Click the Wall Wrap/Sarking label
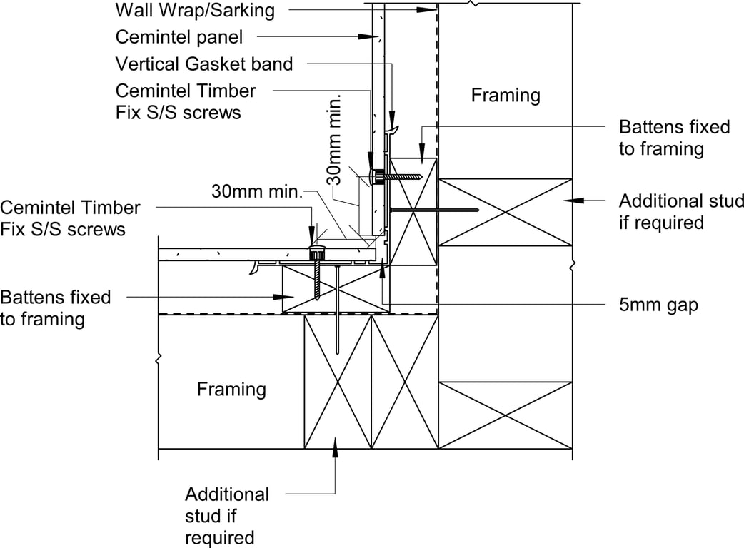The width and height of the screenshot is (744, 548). (194, 10)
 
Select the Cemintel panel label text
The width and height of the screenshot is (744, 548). (179, 36)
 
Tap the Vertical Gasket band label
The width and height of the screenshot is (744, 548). (204, 64)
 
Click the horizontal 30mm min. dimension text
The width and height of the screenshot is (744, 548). (258, 191)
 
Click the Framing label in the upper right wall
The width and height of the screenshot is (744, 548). (506, 95)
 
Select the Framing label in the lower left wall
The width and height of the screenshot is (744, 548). (231, 389)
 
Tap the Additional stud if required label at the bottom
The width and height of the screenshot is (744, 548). (227, 515)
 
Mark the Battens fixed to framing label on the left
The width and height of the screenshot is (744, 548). (56, 307)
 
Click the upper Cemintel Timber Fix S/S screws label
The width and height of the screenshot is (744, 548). (185, 101)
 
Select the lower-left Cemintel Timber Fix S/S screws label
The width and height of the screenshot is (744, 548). (70, 218)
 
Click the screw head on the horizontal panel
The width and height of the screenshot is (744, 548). (316, 253)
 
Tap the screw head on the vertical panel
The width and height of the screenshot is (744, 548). (376, 176)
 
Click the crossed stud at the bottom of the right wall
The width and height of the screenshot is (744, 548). (506, 415)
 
